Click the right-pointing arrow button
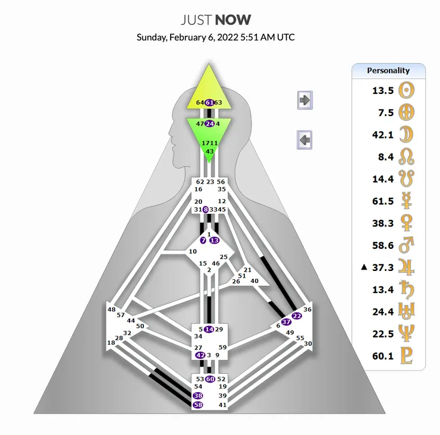click(305, 100)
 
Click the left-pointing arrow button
click(304, 140)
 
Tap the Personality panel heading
click(388, 70)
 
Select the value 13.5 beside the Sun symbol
click(383, 90)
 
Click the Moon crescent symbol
click(406, 134)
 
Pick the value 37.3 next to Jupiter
click(383, 267)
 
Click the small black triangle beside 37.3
click(364, 267)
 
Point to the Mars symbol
click(406, 245)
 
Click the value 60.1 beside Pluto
click(383, 356)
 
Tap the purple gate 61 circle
click(209, 103)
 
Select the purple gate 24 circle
click(209, 124)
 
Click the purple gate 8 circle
click(206, 210)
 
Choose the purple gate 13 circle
click(215, 240)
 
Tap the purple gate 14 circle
click(209, 329)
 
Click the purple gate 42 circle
click(200, 355)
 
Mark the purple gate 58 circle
click(198, 405)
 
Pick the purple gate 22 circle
click(297, 316)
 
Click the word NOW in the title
click(233, 20)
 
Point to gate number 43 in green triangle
click(210, 152)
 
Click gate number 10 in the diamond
click(193, 251)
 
